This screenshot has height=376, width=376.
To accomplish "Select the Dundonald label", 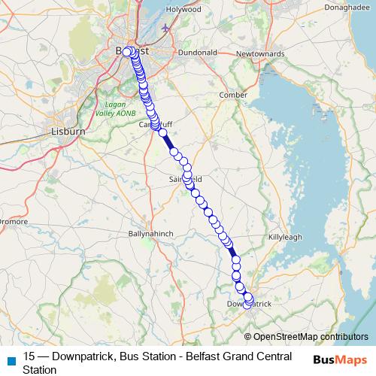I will [x=197, y=53].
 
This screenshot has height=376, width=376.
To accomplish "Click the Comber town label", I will [x=232, y=96].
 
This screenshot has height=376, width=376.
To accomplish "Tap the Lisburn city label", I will [x=68, y=131].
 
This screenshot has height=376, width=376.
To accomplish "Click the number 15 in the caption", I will [x=29, y=357].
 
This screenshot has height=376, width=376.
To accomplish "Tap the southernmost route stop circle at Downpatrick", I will [x=247, y=305].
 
